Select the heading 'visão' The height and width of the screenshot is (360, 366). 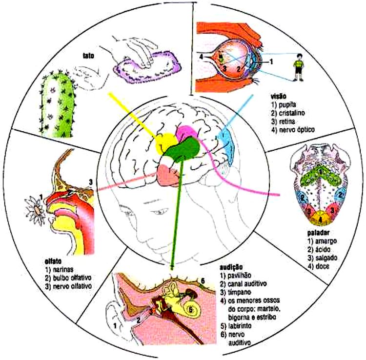click(x=281, y=97)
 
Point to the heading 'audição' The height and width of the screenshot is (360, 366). click(x=231, y=268)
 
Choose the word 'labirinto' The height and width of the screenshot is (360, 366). click(x=244, y=326)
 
